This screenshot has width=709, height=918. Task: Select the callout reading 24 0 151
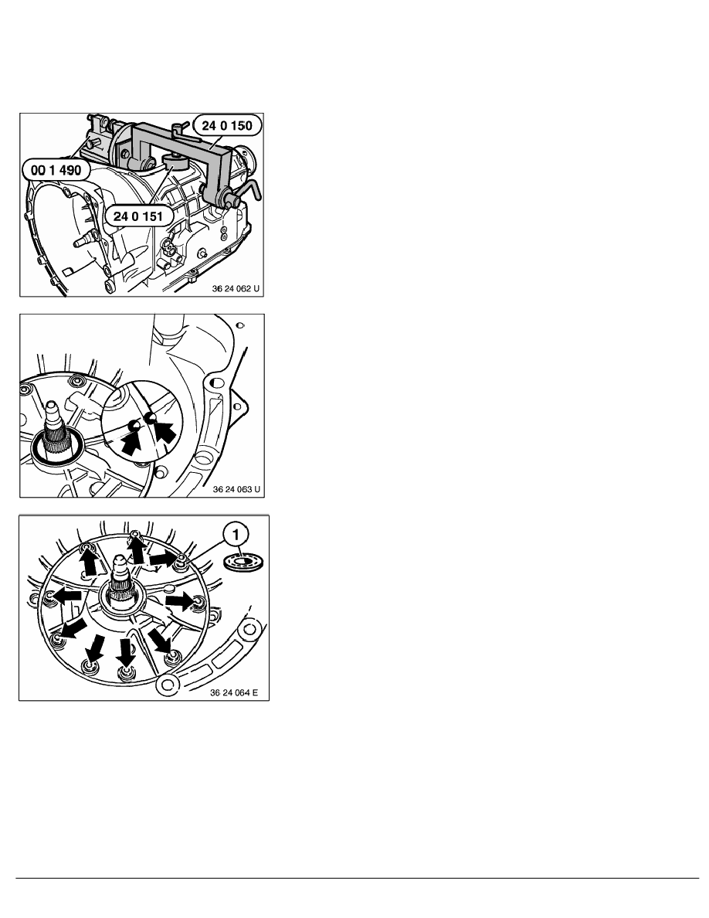pyautogui.click(x=138, y=217)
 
